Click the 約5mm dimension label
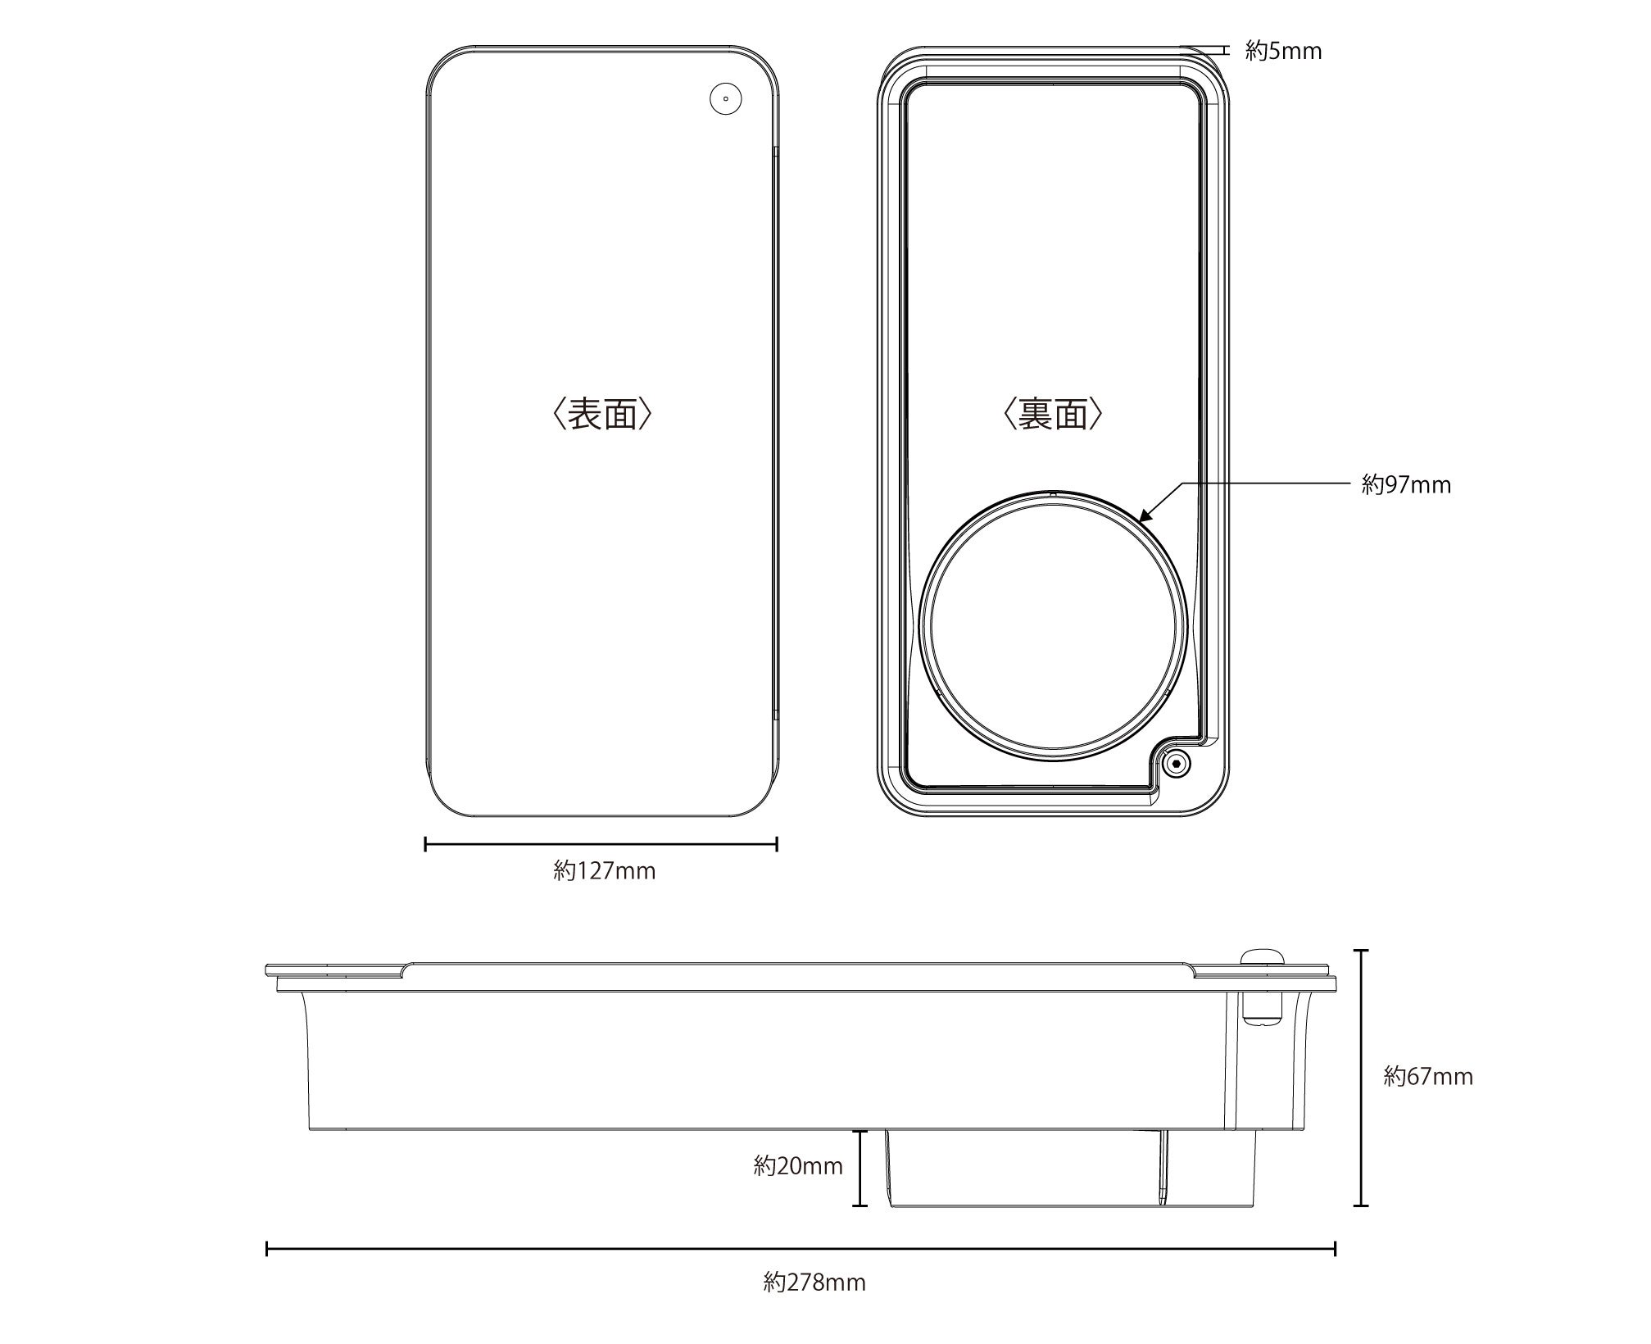point(1283,52)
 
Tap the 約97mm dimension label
point(1406,485)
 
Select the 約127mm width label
point(605,870)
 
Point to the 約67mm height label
point(1428,1076)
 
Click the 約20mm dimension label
point(798,1165)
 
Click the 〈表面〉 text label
point(603,415)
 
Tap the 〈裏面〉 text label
point(1053,415)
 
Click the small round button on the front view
point(725,99)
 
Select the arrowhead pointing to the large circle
point(1145,515)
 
